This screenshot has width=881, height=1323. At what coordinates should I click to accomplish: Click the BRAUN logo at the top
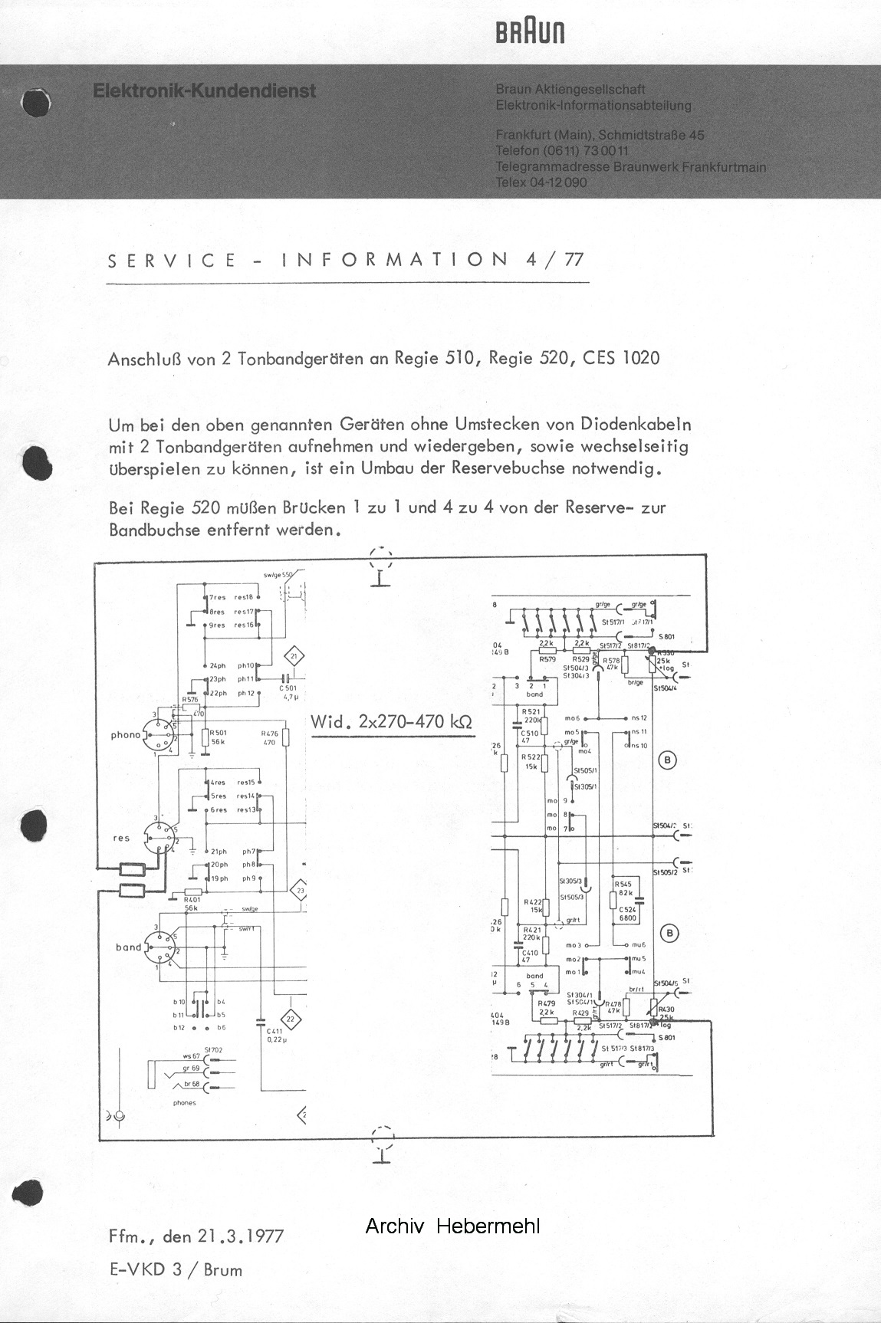pos(530,32)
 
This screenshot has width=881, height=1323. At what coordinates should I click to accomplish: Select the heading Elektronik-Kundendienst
pos(204,90)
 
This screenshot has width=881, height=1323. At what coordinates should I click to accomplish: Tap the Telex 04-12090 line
pos(541,182)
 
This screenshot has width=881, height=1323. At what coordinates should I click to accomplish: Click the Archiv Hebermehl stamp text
pos(452,1226)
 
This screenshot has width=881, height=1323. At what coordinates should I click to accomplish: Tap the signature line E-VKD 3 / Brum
pos(176,1269)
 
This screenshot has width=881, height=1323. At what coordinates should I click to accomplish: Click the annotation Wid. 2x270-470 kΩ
pos(391,722)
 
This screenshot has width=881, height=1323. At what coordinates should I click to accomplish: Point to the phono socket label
pos(126,735)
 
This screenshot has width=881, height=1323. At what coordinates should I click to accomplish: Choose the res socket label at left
pos(121,838)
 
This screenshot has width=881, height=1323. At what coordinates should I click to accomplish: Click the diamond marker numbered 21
pos(294,656)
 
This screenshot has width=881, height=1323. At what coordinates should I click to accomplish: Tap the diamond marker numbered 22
pos(290,1019)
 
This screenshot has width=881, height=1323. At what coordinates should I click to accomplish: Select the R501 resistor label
pos(218,733)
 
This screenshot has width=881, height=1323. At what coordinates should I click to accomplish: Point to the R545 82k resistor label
pos(623,888)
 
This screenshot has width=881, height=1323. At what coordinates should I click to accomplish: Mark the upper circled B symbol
pos(668,760)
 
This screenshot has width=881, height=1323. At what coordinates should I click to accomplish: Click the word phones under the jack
pos(185,1103)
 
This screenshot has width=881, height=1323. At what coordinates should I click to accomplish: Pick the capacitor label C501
pos(288,689)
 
